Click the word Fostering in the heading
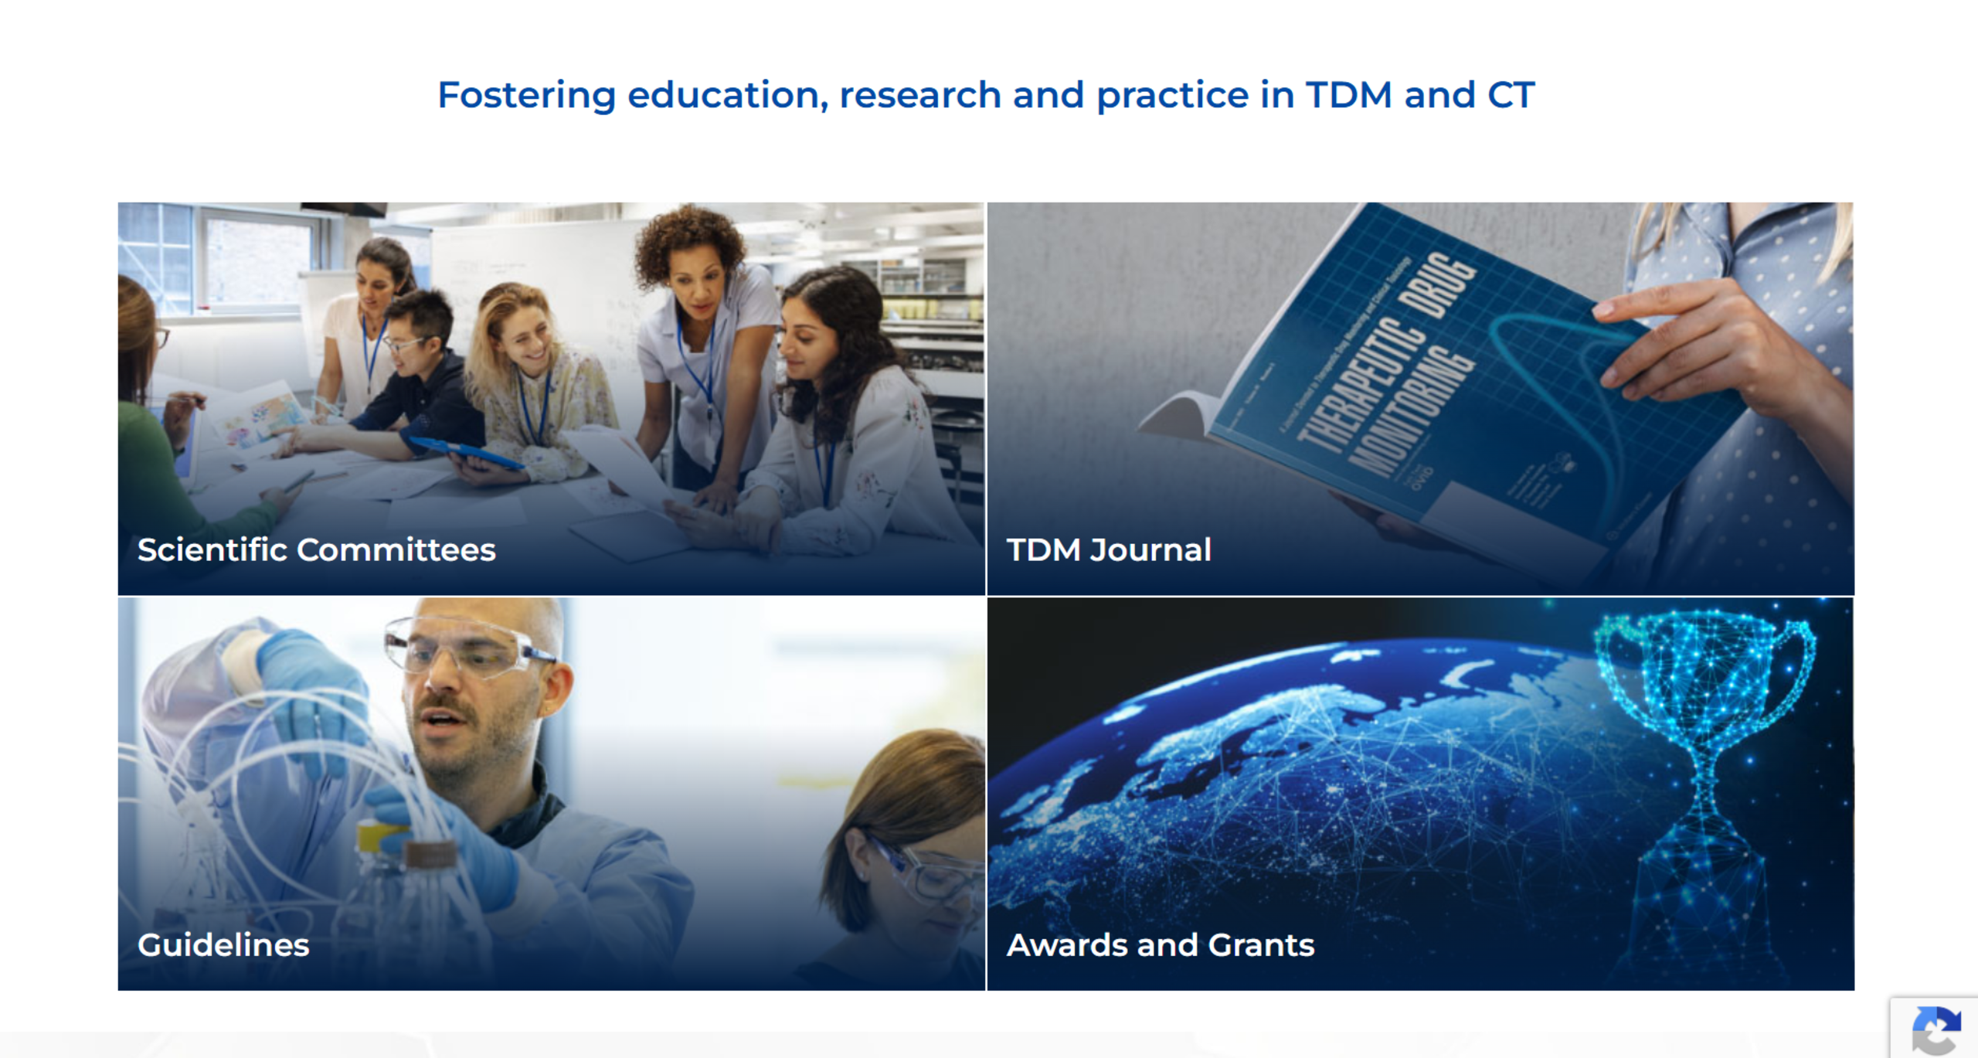526,96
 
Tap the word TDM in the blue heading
1348,96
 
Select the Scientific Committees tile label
316,549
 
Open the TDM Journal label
1109,549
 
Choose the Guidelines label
223,944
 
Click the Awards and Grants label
1160,944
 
